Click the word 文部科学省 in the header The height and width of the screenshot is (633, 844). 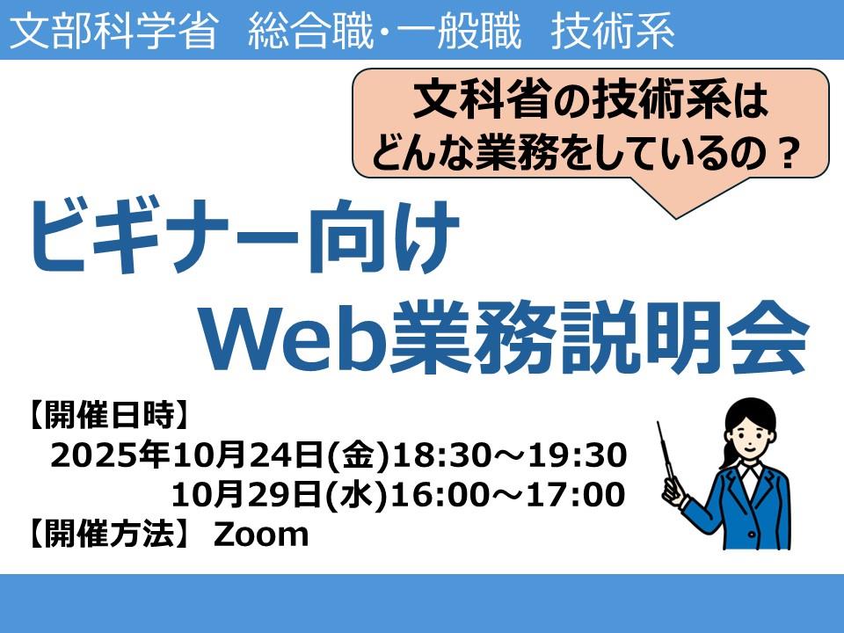pyautogui.click(x=113, y=30)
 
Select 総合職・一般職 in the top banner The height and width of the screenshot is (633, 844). pyautogui.click(x=384, y=30)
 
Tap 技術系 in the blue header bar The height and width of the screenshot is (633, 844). pyautogui.click(x=613, y=30)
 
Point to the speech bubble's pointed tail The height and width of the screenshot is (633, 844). pyautogui.click(x=675, y=215)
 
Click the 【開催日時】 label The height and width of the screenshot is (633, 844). pyautogui.click(x=107, y=416)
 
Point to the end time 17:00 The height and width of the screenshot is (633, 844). pyautogui.click(x=581, y=495)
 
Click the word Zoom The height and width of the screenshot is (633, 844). pyautogui.click(x=262, y=535)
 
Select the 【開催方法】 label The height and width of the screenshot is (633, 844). pyautogui.click(x=107, y=535)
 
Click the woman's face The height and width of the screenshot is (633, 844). pyautogui.click(x=750, y=433)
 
